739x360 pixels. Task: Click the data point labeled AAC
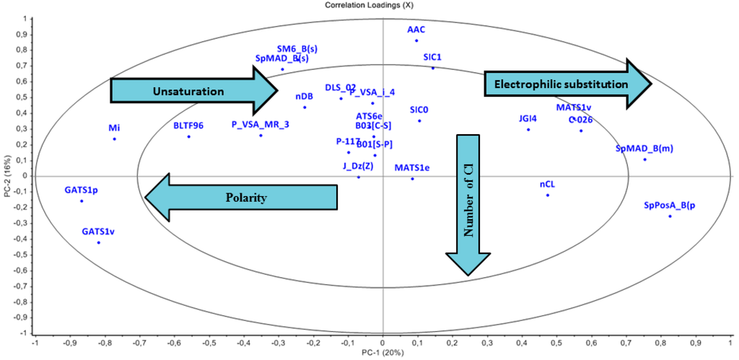point(416,40)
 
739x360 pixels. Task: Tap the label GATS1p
point(81,189)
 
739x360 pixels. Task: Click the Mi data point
point(114,139)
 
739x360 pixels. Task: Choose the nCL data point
point(548,195)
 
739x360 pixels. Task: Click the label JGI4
point(528,118)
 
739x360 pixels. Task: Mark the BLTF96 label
point(188,126)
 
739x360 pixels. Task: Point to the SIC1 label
point(433,56)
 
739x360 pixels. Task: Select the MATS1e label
point(412,167)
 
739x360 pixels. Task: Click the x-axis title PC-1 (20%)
point(382,354)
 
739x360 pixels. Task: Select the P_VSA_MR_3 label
point(261,124)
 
